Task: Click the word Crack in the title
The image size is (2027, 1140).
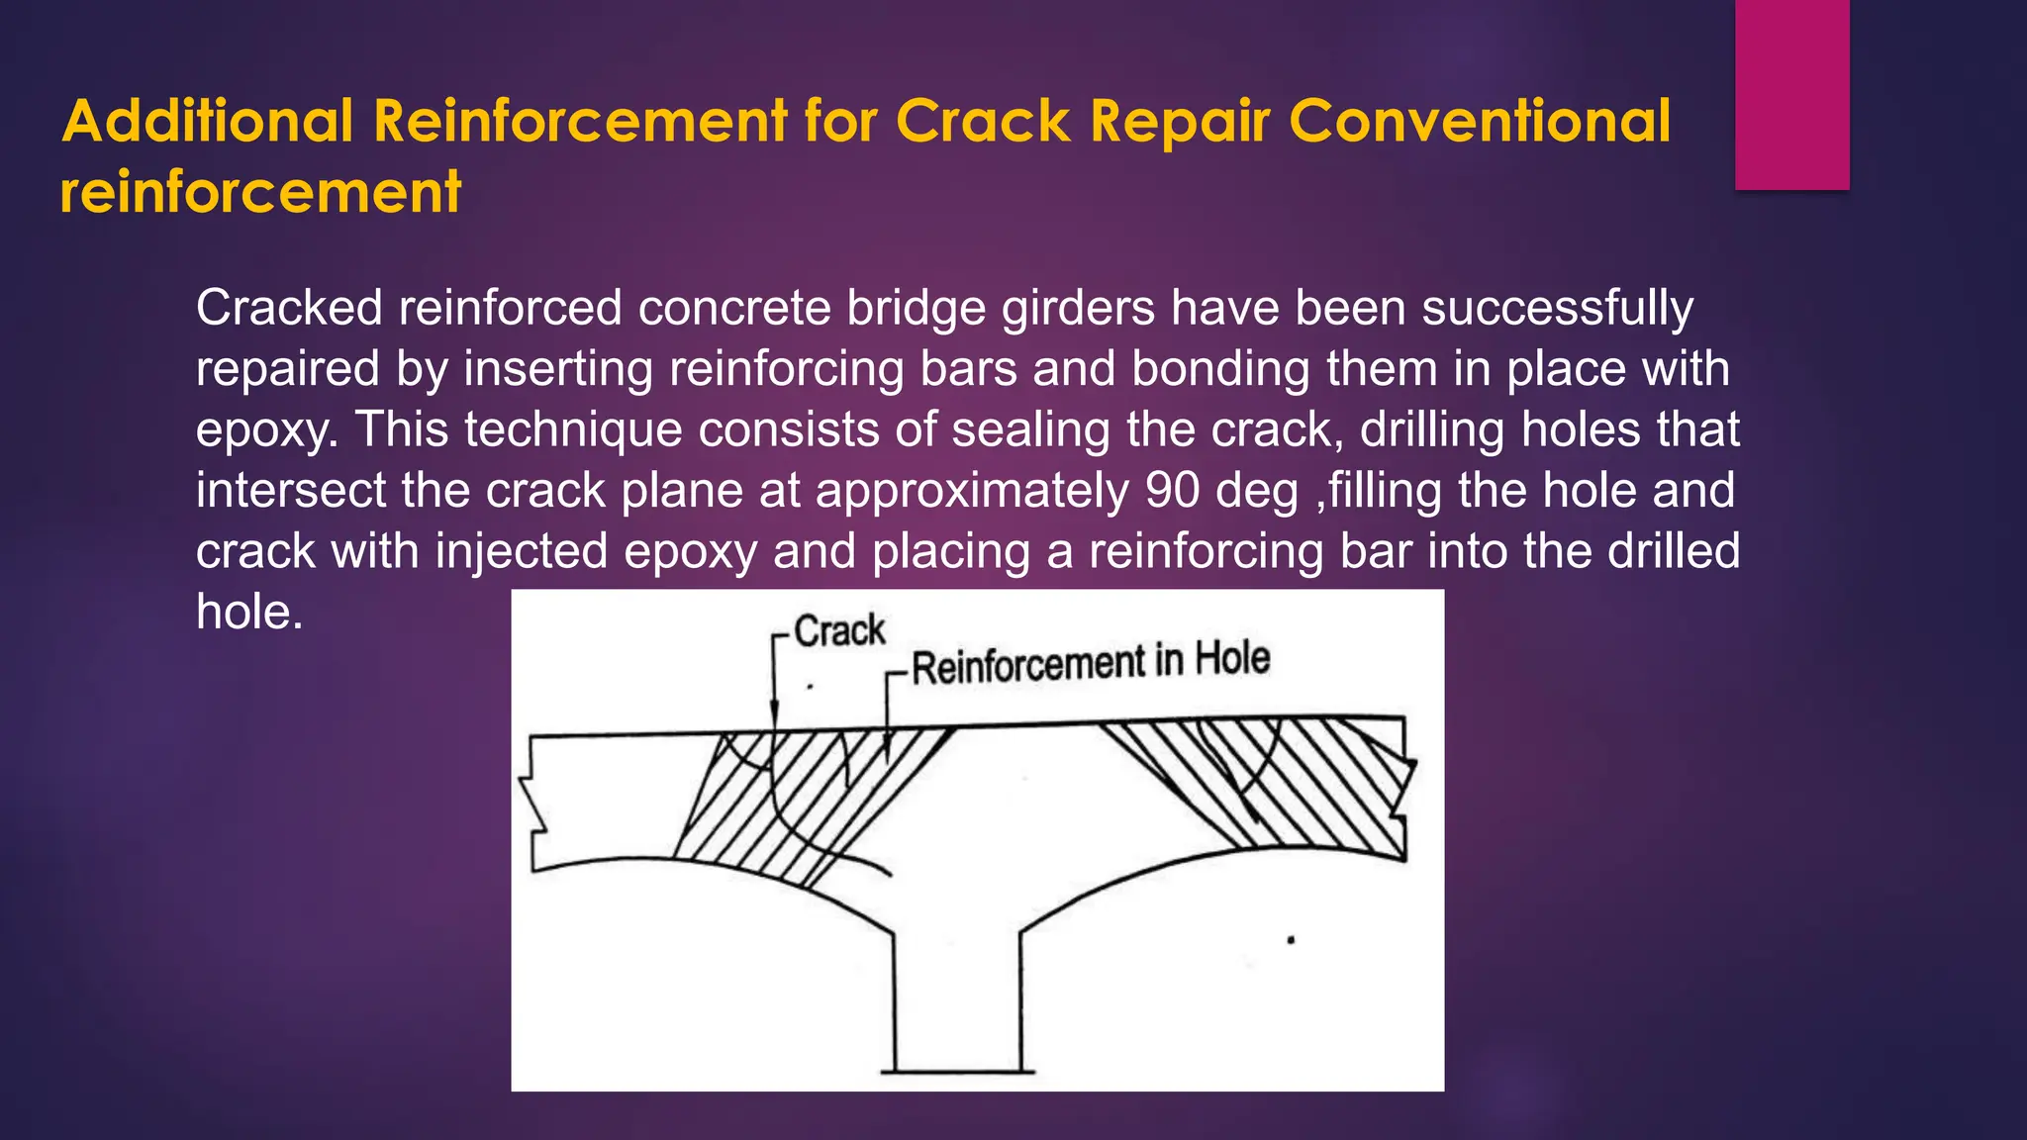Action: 982,122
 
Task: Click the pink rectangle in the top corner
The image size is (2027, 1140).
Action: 1791,94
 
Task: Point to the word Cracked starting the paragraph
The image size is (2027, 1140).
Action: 289,308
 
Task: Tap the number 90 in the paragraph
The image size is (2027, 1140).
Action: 1172,491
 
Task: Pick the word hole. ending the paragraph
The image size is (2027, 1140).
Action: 249,612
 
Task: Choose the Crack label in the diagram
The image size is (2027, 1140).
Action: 839,631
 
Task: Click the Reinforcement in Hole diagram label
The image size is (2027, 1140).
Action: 1090,662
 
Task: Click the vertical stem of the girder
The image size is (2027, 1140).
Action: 957,990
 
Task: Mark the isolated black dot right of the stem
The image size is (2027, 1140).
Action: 1291,940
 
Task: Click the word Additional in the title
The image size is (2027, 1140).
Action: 208,122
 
